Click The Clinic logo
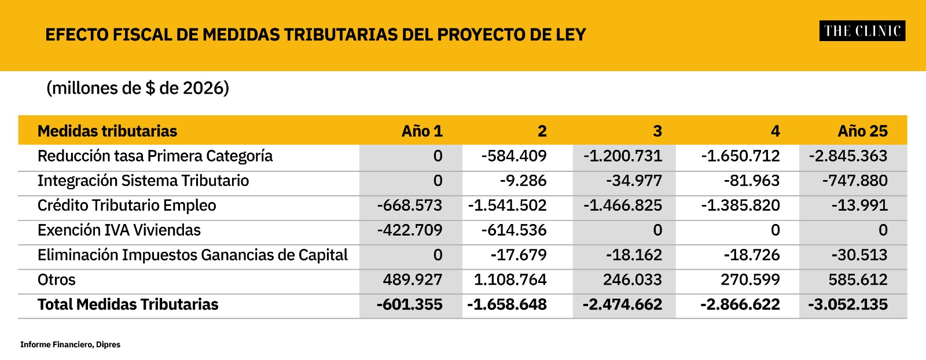click(862, 31)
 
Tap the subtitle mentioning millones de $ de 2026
click(138, 88)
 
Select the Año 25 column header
click(862, 131)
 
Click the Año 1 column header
click(422, 131)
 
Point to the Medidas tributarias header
click(107, 131)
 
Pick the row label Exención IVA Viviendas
click(119, 230)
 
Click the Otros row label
click(56, 280)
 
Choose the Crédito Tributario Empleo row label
click(127, 205)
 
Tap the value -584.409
click(514, 156)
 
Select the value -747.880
click(855, 181)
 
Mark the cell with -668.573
click(409, 205)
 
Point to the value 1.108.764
click(510, 280)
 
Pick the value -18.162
click(634, 255)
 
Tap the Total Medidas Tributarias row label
click(128, 305)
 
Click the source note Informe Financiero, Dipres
click(70, 345)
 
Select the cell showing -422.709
click(409, 230)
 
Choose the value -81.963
click(751, 181)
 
